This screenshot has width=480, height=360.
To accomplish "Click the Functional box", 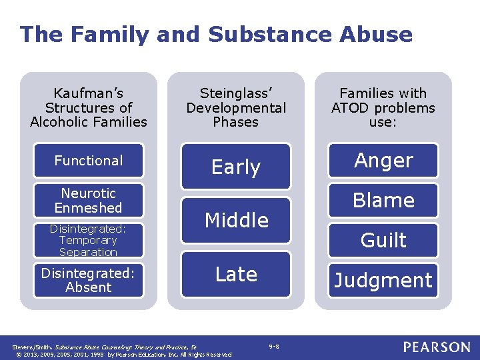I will click(x=89, y=161).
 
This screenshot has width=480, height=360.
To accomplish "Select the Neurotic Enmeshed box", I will click(x=89, y=201).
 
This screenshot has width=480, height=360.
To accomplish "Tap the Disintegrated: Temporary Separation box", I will click(x=89, y=240).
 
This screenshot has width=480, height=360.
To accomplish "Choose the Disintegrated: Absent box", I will click(x=89, y=280).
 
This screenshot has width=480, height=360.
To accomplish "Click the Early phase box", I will click(x=236, y=167).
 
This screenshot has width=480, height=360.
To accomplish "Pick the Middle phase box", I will click(x=236, y=220).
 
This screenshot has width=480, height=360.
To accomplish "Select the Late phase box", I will click(x=236, y=274).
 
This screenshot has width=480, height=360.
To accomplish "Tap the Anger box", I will click(x=383, y=161).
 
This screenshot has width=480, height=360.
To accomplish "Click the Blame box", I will click(x=383, y=200).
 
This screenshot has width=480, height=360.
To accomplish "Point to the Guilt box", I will click(x=383, y=240).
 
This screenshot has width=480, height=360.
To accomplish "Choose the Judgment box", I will click(x=383, y=280).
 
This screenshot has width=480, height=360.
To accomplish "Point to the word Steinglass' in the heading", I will click(x=236, y=93).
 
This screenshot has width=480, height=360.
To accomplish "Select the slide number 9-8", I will click(x=274, y=346).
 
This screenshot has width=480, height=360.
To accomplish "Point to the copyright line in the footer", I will click(x=122, y=354).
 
